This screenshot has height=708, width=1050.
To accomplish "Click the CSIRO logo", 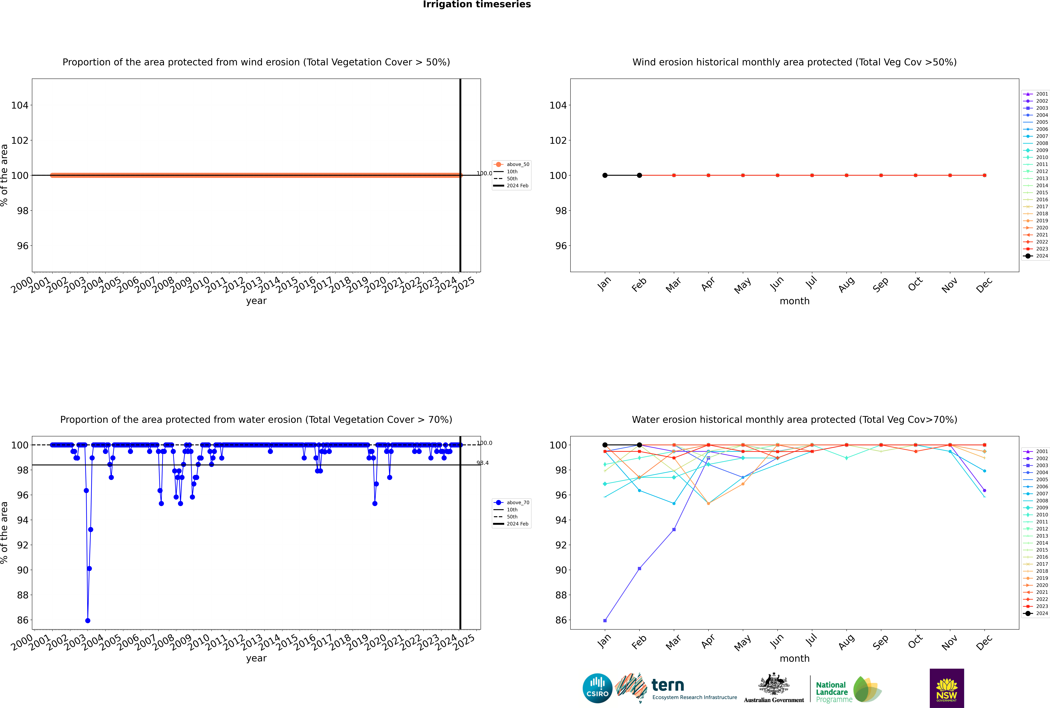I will [597, 688].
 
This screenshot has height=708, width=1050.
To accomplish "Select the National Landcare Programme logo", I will [848, 690].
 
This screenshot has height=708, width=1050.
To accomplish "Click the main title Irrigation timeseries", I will [477, 4].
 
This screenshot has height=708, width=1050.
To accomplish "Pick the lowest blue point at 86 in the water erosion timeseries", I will [88, 620].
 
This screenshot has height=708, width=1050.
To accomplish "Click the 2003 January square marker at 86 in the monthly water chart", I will [605, 620].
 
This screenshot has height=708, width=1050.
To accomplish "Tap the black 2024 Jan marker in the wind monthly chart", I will [605, 175].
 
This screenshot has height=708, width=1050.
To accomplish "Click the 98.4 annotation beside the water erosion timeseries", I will [483, 463].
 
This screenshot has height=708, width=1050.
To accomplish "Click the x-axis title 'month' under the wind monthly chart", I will [794, 301].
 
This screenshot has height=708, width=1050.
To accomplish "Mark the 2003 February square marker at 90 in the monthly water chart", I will [639, 568].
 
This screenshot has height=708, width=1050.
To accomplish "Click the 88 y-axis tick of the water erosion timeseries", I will [23, 595].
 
